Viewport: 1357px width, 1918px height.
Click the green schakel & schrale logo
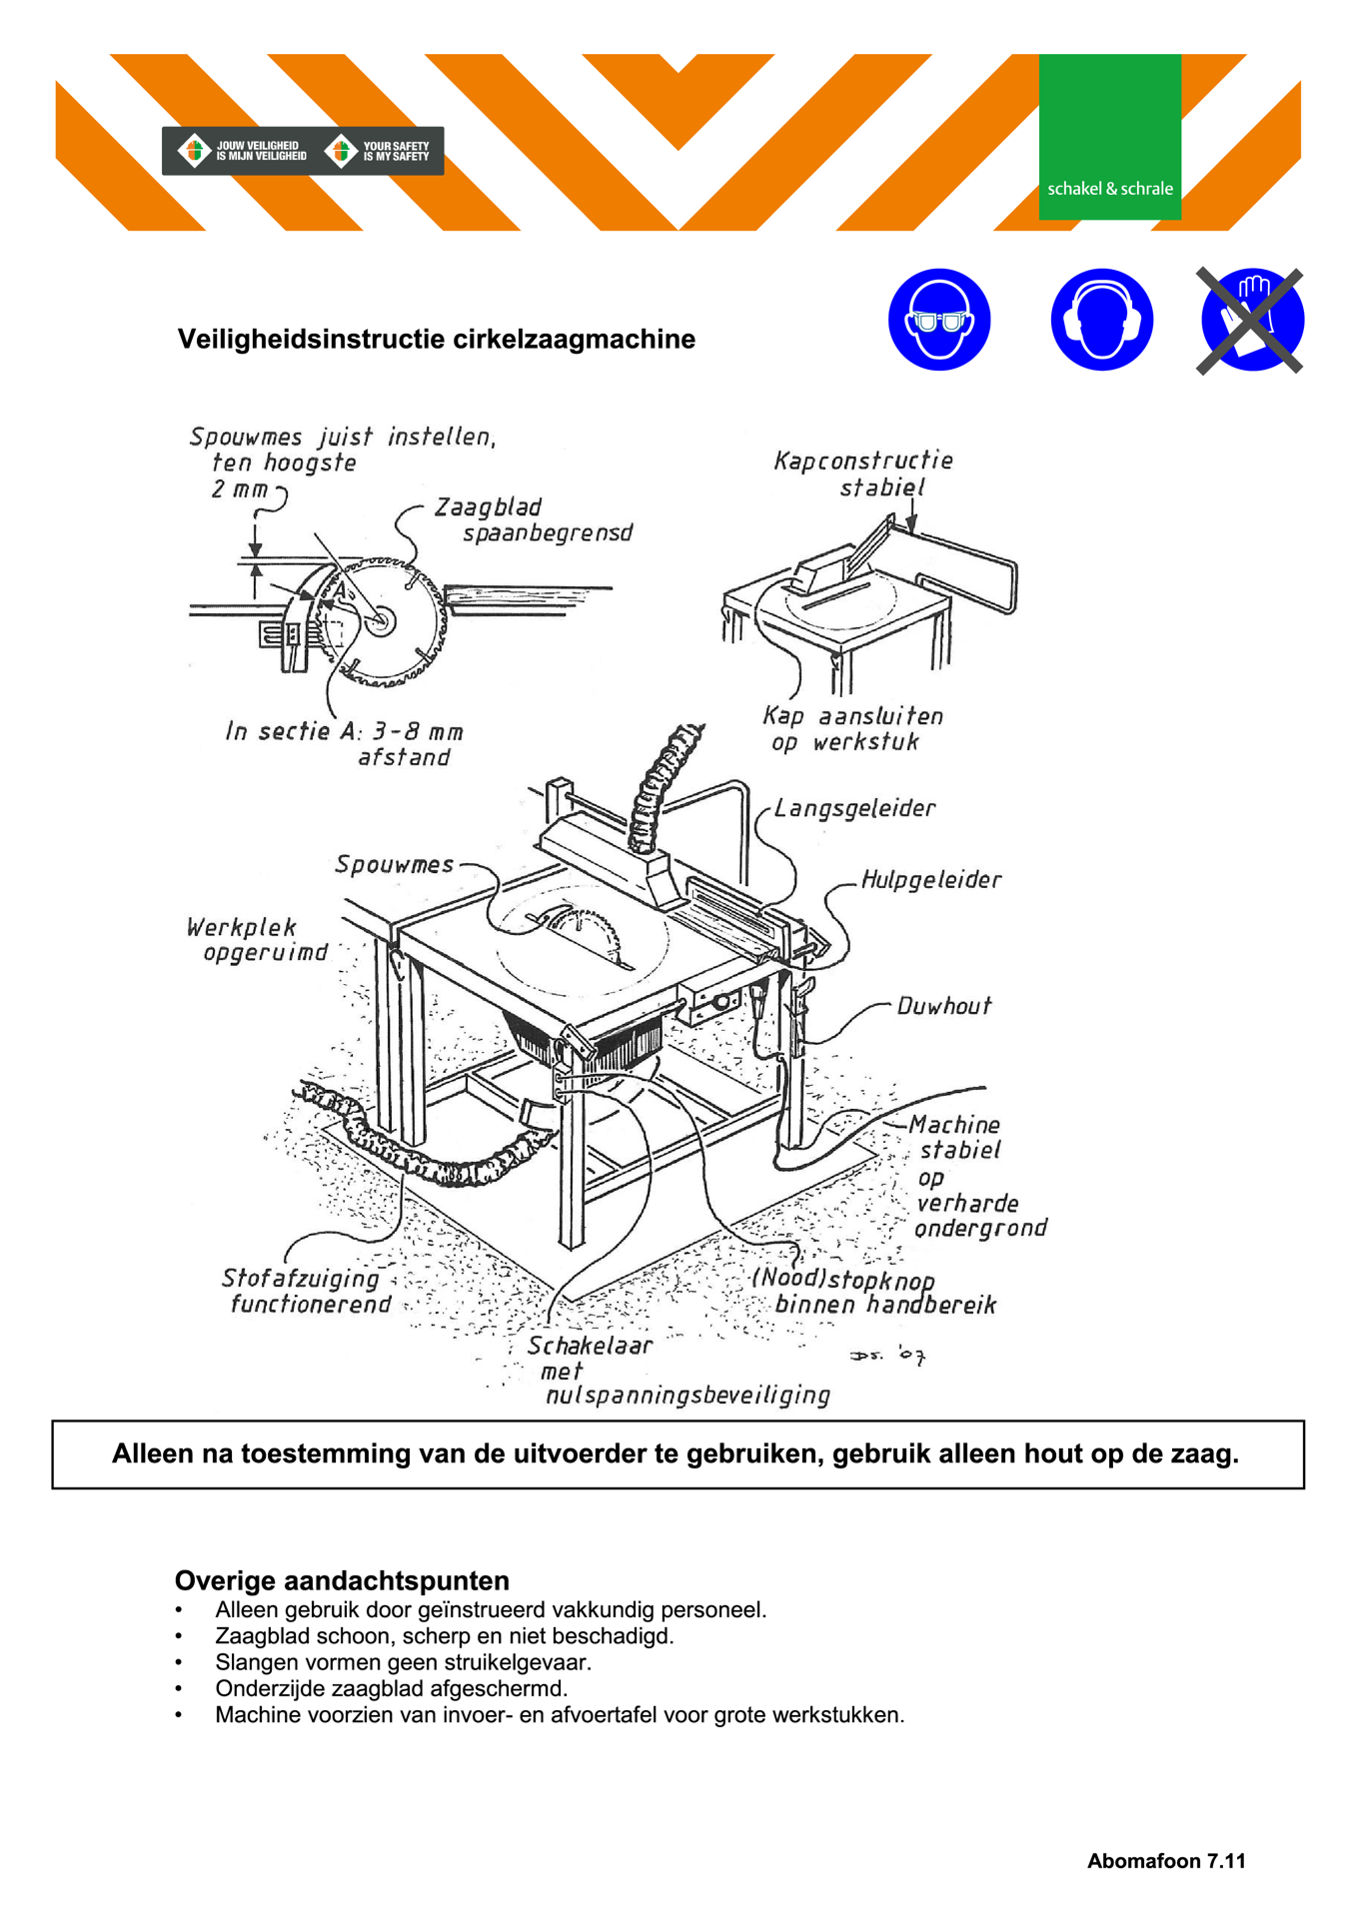(x=1109, y=137)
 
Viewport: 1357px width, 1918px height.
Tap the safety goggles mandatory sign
(x=938, y=320)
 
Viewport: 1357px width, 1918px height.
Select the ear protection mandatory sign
(x=1101, y=320)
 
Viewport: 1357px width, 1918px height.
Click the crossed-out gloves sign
(x=1250, y=320)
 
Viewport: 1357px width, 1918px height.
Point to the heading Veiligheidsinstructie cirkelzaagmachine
(x=436, y=340)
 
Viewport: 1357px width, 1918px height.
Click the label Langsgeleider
(x=854, y=808)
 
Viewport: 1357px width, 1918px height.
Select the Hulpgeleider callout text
(x=930, y=880)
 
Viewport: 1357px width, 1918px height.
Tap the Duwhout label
(x=943, y=1006)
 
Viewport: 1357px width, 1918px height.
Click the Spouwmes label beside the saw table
(x=394, y=865)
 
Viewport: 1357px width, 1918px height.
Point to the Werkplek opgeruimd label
(x=257, y=940)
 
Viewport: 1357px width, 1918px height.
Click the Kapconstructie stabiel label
(x=864, y=474)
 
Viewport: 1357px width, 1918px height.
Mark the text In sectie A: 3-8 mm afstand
(x=345, y=744)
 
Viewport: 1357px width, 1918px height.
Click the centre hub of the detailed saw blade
(x=380, y=620)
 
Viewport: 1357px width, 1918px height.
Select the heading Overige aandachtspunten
(x=342, y=1580)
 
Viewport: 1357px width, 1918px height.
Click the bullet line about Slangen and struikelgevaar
(x=403, y=1662)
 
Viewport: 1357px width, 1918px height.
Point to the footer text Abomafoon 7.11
(x=1166, y=1861)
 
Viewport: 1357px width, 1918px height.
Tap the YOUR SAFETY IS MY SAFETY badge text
(x=395, y=151)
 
